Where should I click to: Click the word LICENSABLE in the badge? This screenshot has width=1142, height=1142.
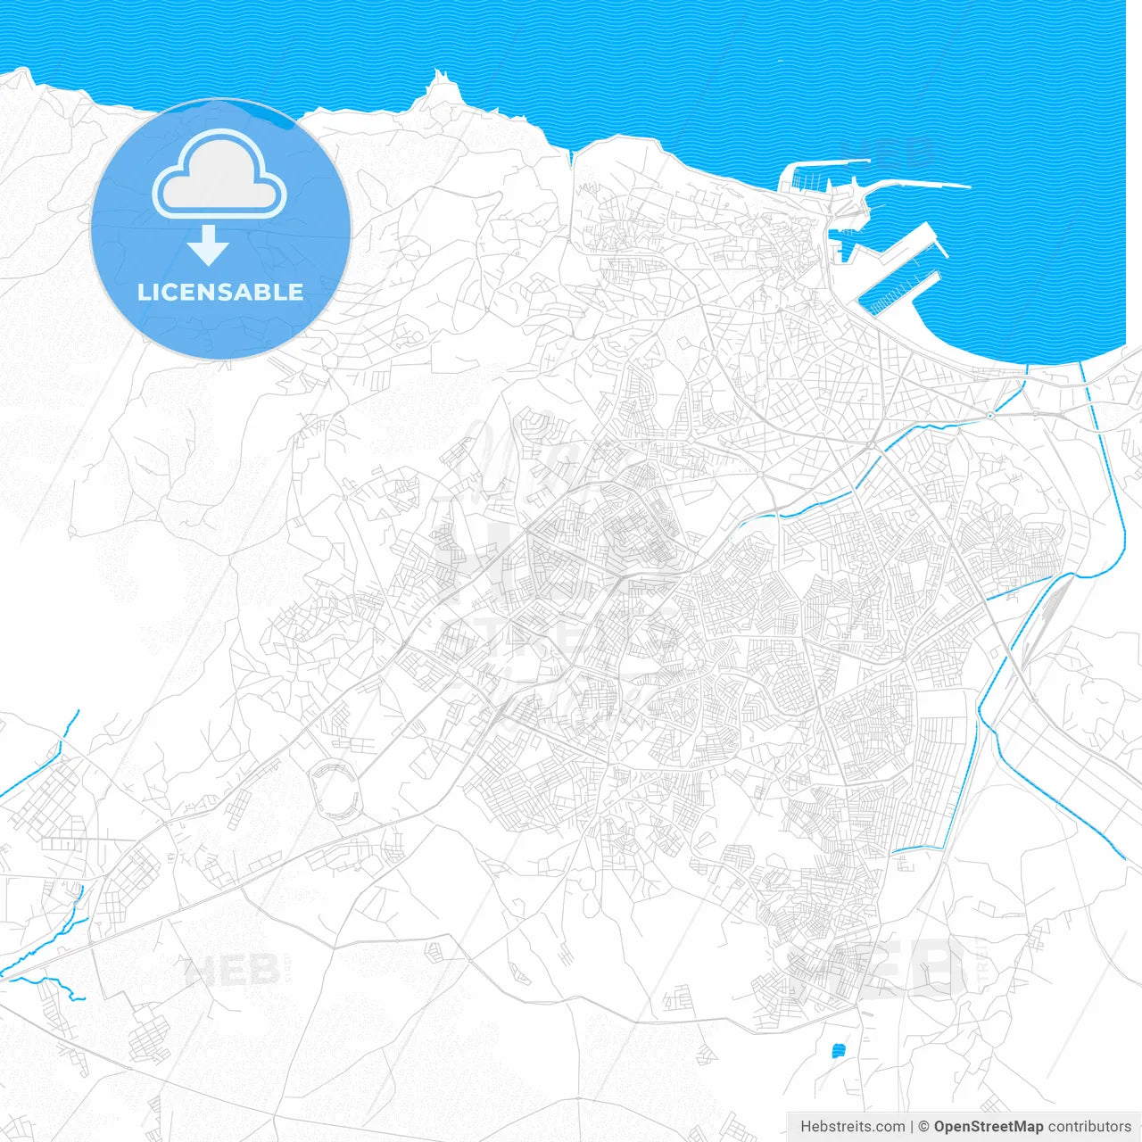tap(220, 293)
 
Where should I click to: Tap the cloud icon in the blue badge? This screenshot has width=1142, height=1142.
tap(219, 175)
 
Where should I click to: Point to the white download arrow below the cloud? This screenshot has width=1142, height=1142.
tap(208, 245)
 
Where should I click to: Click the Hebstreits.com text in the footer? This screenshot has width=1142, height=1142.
tap(852, 1127)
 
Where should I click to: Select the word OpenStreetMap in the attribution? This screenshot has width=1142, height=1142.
tap(988, 1127)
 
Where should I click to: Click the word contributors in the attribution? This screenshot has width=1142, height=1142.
tap(1089, 1127)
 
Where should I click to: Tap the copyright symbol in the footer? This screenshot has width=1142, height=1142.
tap(923, 1127)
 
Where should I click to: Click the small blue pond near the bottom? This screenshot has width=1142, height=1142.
tap(838, 1051)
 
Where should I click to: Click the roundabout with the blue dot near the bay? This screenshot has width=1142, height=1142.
tap(989, 415)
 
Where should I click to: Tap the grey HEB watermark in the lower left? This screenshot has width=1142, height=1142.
tap(234, 971)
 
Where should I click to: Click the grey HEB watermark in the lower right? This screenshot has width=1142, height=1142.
tap(879, 968)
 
